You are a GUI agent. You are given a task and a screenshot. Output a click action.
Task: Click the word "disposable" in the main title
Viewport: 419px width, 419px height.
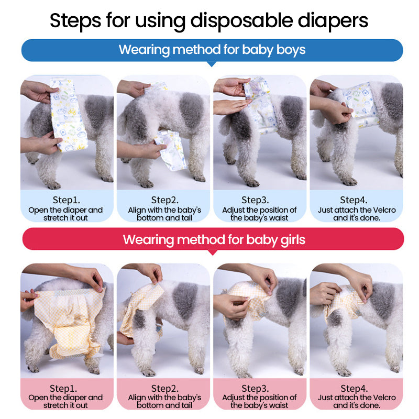click(x=241, y=21)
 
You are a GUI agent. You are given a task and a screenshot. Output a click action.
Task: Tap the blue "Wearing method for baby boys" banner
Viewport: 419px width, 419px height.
click(x=212, y=50)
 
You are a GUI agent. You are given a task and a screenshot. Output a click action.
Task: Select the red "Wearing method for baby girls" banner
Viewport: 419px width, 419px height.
click(x=213, y=239)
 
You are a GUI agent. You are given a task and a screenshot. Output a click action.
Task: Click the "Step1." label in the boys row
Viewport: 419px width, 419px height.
click(x=67, y=200)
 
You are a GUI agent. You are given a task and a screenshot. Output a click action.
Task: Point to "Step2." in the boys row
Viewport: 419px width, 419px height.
click(x=165, y=200)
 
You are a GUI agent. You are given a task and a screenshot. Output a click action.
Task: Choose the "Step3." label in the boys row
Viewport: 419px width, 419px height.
click(x=255, y=200)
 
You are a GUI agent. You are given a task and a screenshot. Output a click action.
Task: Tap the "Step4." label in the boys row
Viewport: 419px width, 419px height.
click(x=354, y=200)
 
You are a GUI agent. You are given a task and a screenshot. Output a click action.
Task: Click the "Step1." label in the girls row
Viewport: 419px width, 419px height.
click(x=63, y=388)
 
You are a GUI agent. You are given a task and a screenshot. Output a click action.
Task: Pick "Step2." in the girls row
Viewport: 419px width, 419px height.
click(x=165, y=388)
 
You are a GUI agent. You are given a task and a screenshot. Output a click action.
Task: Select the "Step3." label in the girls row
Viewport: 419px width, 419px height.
click(x=255, y=388)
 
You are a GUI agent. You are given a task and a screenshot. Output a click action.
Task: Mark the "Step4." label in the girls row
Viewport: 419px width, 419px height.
click(x=354, y=388)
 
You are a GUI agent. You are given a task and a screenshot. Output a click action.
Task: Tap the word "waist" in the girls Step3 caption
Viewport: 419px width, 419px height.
click(x=279, y=405)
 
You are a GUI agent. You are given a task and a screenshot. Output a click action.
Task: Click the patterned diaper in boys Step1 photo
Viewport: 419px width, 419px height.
click(x=68, y=115)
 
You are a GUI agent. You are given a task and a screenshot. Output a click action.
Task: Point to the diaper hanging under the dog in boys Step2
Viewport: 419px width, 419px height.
click(x=171, y=150)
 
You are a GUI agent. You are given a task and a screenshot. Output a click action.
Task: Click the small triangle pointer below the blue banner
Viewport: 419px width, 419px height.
click(x=212, y=64)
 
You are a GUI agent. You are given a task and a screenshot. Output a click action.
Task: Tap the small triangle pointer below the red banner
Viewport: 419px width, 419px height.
click(x=213, y=253)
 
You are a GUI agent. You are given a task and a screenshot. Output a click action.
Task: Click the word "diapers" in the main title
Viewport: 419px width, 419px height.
click(x=333, y=21)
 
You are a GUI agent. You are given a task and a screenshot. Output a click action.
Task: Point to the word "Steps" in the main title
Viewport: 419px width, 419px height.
click(x=75, y=21)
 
